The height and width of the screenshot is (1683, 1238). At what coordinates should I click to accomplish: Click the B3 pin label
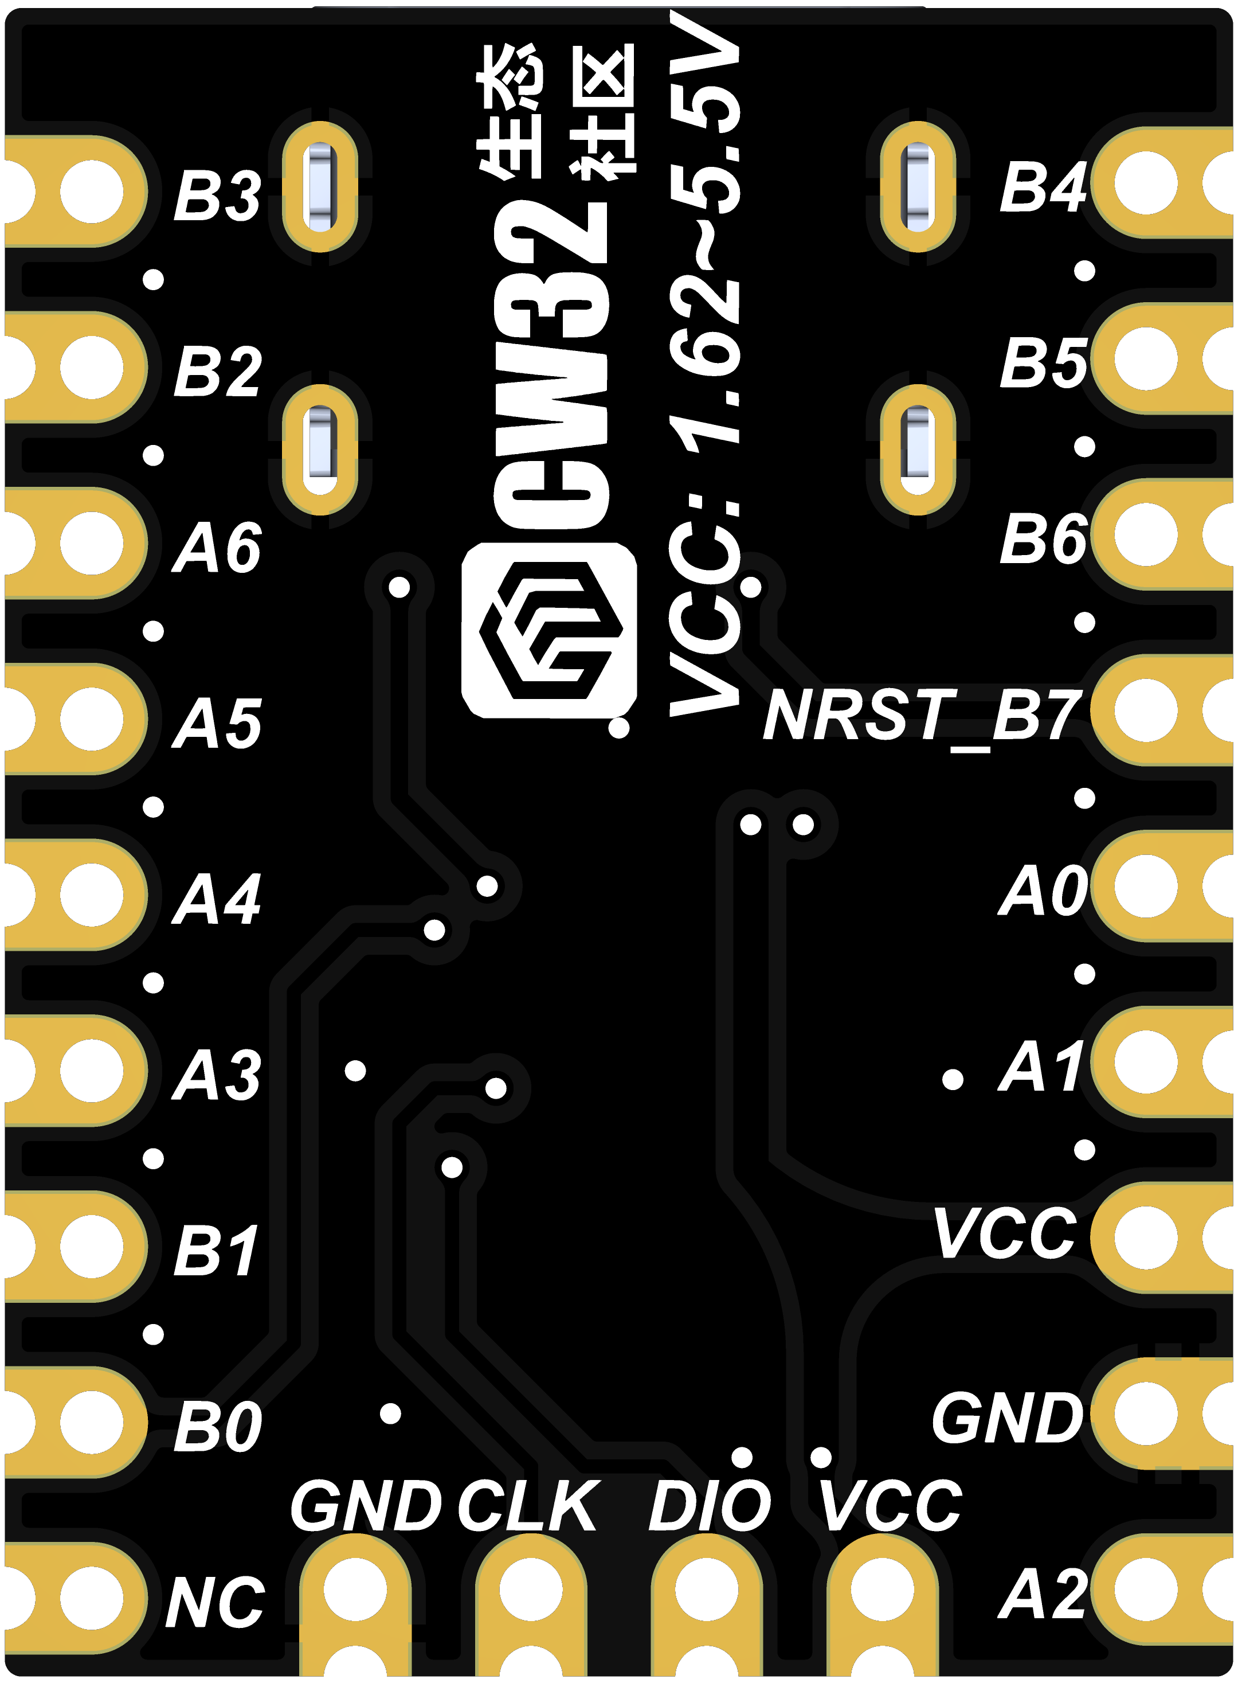(217, 197)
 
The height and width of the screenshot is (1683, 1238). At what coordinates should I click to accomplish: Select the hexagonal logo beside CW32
(549, 630)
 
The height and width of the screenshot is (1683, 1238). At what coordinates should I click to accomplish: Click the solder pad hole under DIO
(706, 1590)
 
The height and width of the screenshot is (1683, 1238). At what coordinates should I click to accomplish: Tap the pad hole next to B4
(1145, 183)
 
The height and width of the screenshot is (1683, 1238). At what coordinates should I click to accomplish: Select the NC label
(215, 1602)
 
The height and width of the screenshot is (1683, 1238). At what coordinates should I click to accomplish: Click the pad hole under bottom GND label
(355, 1590)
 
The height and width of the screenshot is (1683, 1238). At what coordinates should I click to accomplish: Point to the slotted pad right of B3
(320, 187)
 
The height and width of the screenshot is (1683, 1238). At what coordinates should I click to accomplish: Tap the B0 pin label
(217, 1427)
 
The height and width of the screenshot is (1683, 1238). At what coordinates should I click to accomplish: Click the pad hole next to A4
(92, 895)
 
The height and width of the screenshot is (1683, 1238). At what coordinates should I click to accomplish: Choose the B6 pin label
(1043, 539)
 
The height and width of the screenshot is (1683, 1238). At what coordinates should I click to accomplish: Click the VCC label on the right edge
(1006, 1234)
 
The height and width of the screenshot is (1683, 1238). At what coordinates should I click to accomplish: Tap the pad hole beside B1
(92, 1246)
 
